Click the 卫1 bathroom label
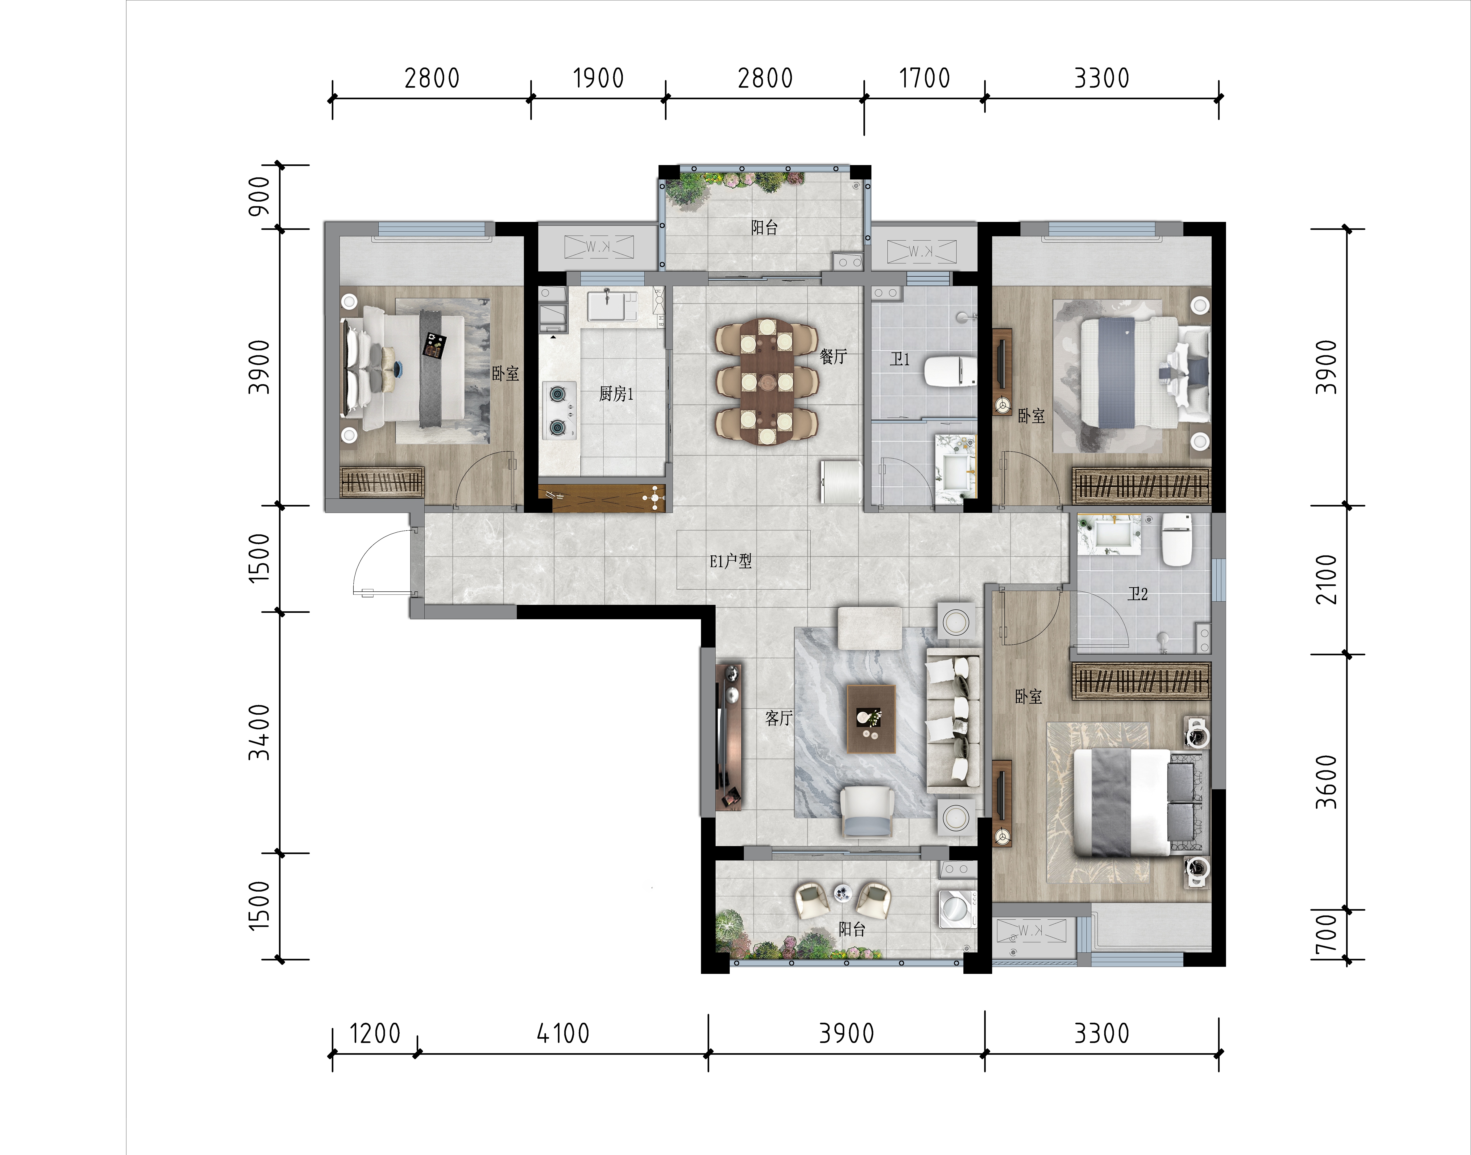tap(900, 359)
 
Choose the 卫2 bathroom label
tap(1138, 594)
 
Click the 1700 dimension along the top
tap(924, 79)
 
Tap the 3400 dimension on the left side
tap(259, 732)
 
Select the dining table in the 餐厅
tap(767, 381)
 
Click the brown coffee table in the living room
tap(871, 718)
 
